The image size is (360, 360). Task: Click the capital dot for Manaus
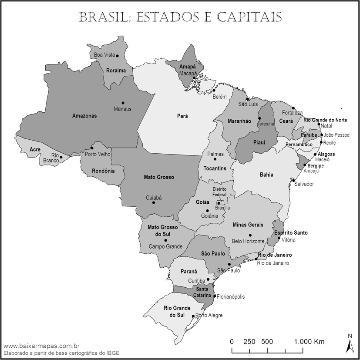(x=123, y=103)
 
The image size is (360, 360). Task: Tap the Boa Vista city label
(x=104, y=55)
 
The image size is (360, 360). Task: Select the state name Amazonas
(x=84, y=116)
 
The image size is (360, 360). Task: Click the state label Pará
(x=182, y=116)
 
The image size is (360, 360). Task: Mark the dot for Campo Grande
(x=166, y=240)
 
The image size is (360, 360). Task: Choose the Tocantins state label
(x=215, y=168)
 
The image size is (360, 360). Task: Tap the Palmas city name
(x=215, y=154)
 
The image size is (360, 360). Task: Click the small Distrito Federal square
(x=221, y=203)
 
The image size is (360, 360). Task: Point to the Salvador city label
(x=304, y=184)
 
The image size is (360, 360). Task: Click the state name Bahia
(x=266, y=175)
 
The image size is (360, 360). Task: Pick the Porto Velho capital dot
(x=92, y=148)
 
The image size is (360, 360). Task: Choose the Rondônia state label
(x=103, y=171)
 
